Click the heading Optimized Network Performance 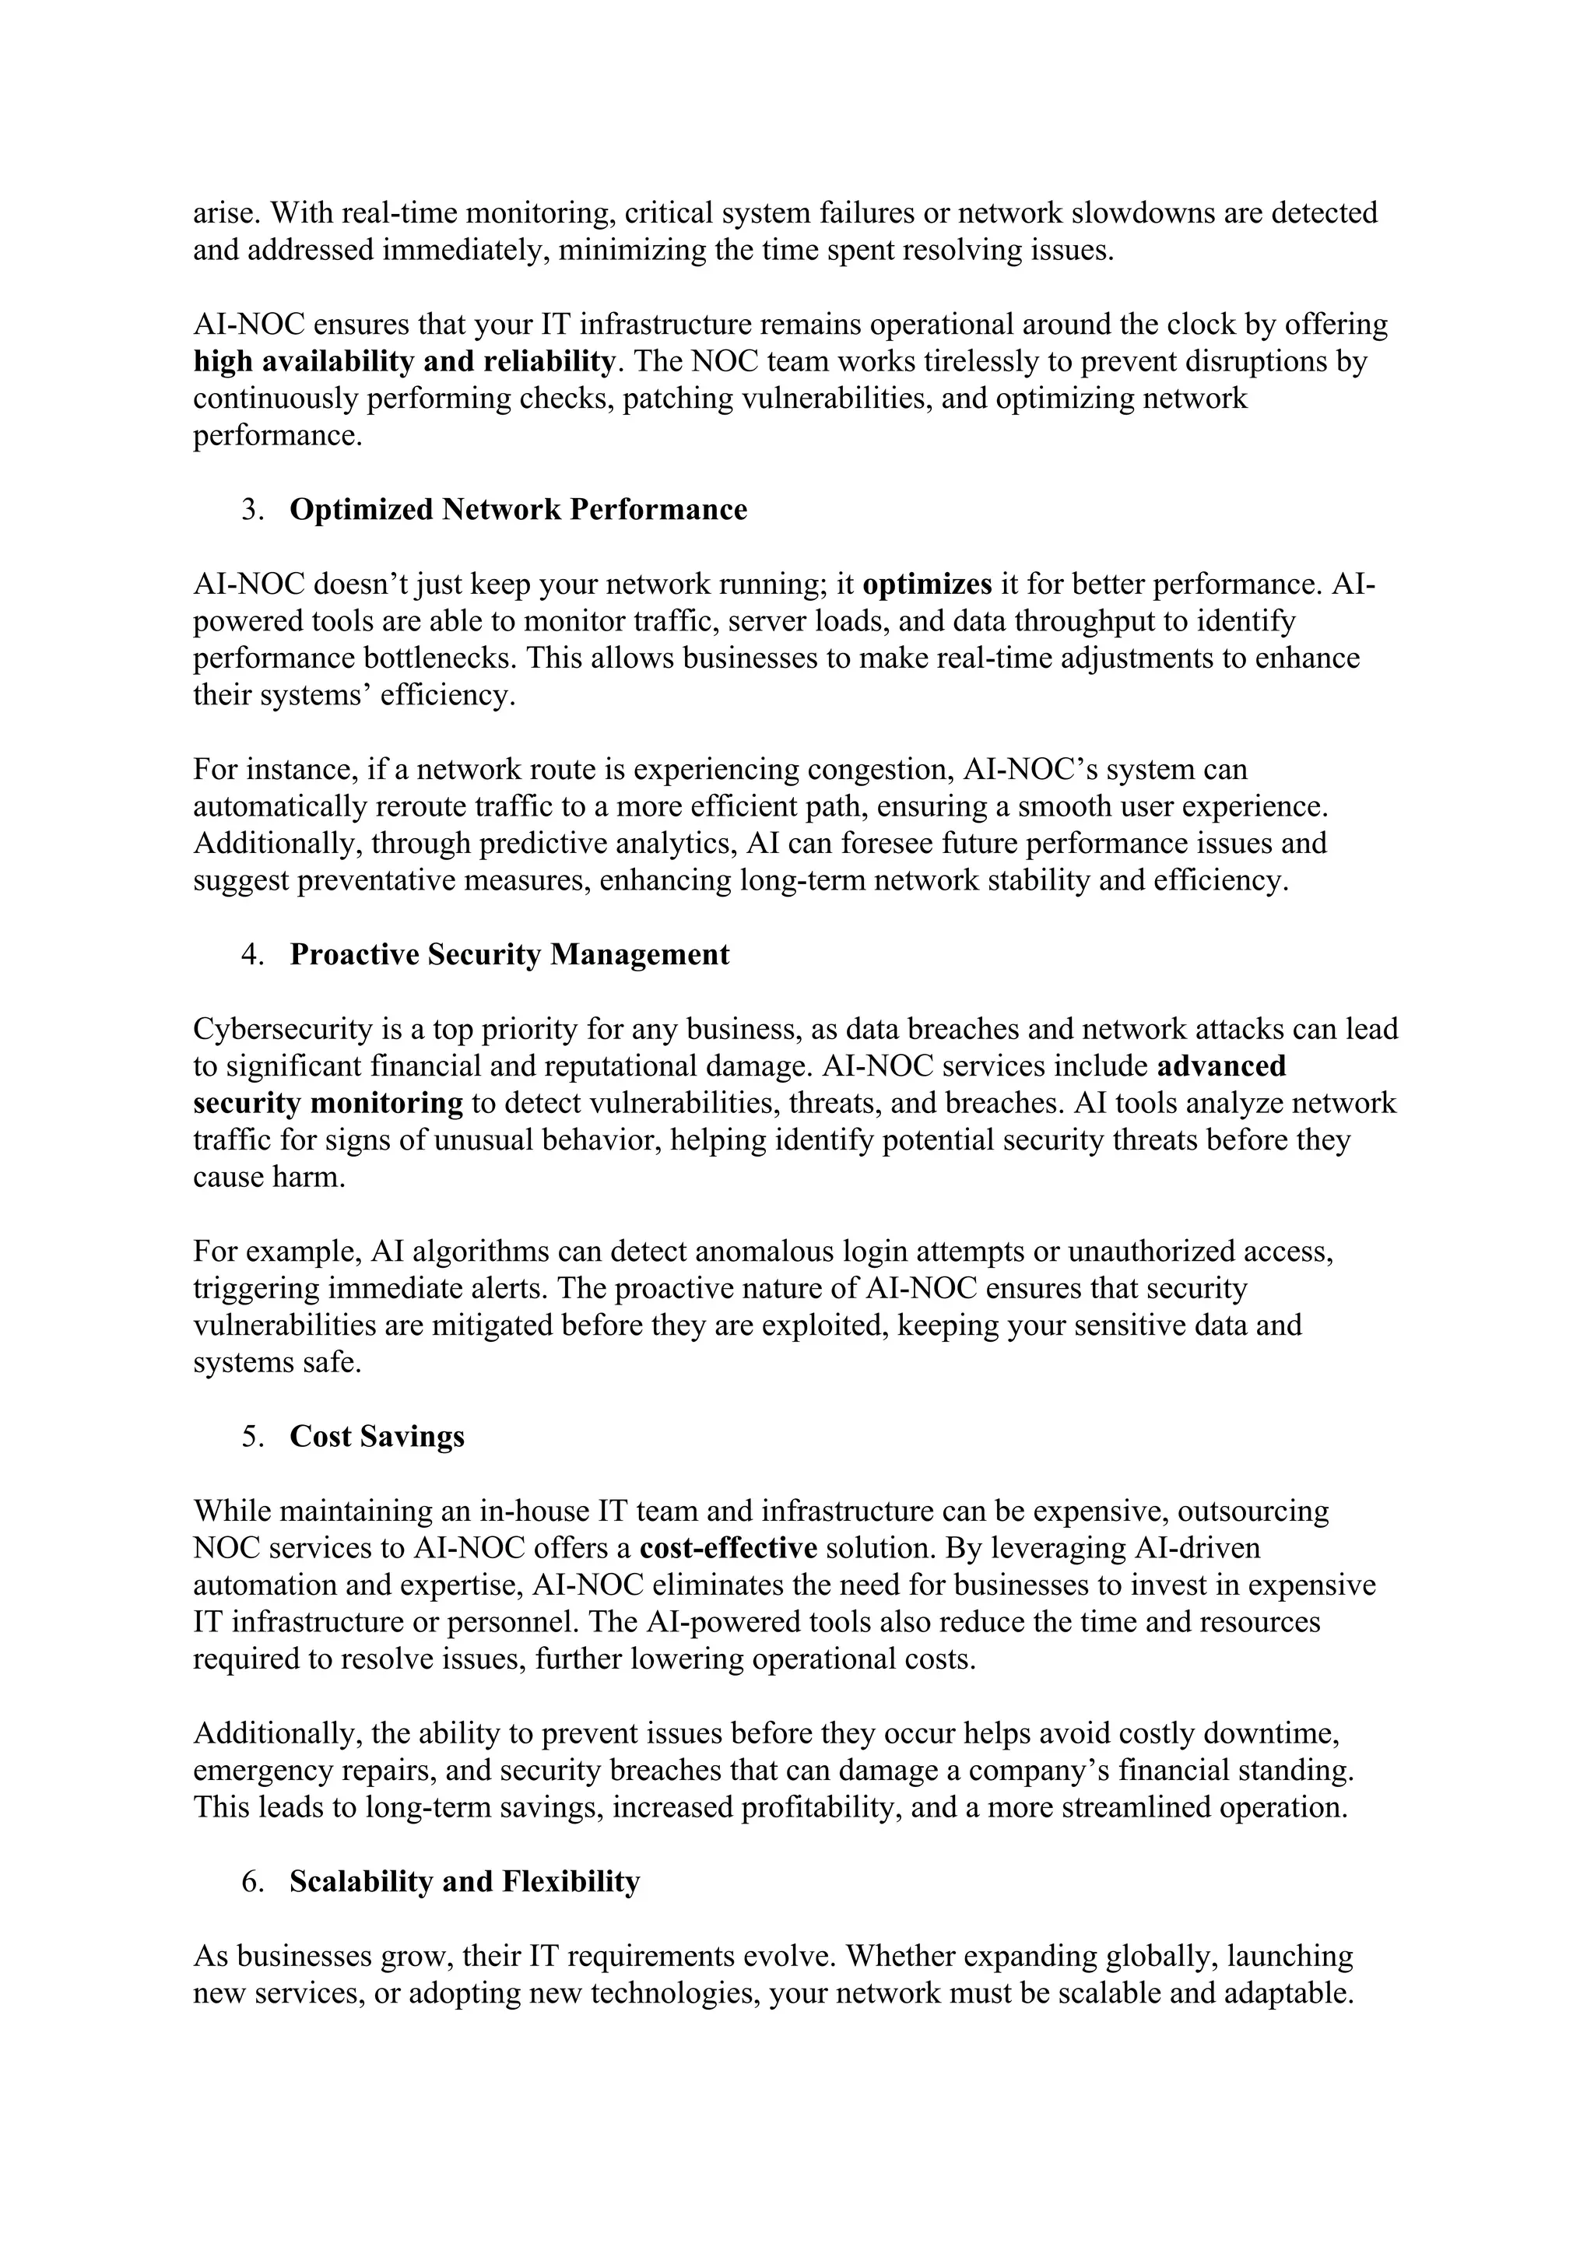[518, 510]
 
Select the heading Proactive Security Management [510, 954]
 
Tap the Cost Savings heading [377, 1436]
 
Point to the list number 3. [252, 510]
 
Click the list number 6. [252, 1881]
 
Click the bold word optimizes [928, 584]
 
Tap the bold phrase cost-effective [729, 1548]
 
